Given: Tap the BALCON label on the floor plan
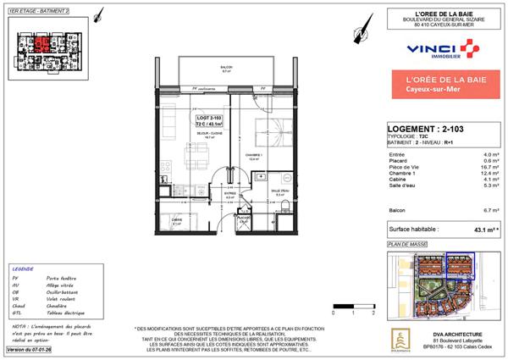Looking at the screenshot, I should [x=226, y=69].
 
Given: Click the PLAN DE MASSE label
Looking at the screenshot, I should [x=404, y=245].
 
